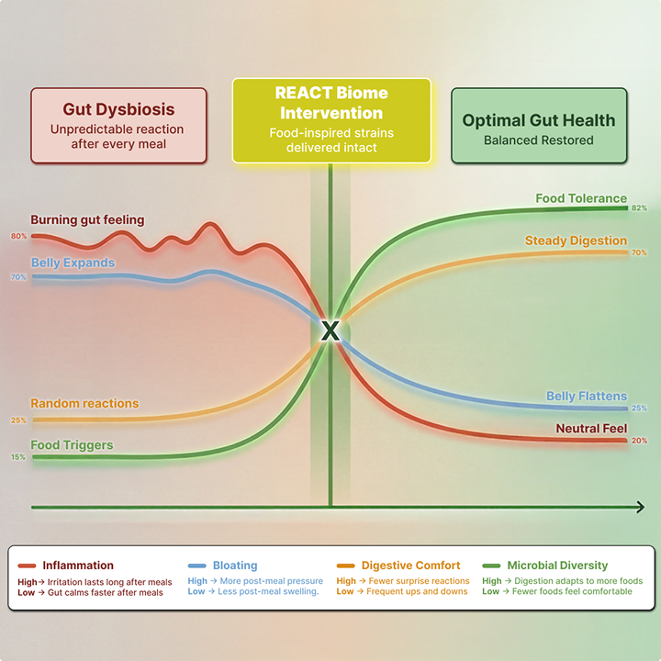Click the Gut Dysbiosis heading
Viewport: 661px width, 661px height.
tap(118, 110)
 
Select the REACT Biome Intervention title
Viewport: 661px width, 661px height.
tap(331, 103)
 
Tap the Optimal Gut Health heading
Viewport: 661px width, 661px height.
tap(539, 120)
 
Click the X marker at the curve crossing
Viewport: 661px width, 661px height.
tap(330, 331)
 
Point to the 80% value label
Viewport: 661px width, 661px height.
tap(18, 237)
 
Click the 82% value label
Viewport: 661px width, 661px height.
tap(639, 208)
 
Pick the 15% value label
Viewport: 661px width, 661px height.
tap(18, 457)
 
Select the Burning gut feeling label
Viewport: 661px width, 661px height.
tap(87, 220)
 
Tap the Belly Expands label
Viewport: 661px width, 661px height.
tap(73, 263)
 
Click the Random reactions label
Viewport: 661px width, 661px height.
tap(84, 403)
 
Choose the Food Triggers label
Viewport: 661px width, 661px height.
tap(72, 445)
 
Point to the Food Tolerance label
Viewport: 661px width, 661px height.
tap(581, 198)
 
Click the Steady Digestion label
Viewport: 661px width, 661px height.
tap(576, 241)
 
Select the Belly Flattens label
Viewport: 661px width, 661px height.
tap(587, 397)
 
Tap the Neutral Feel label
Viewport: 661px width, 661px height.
tap(591, 429)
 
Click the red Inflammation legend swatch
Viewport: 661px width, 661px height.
tap(26, 566)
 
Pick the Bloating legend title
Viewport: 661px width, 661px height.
tap(235, 566)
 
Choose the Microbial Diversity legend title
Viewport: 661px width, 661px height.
tap(557, 566)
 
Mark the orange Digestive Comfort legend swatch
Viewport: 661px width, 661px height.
tap(345, 566)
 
